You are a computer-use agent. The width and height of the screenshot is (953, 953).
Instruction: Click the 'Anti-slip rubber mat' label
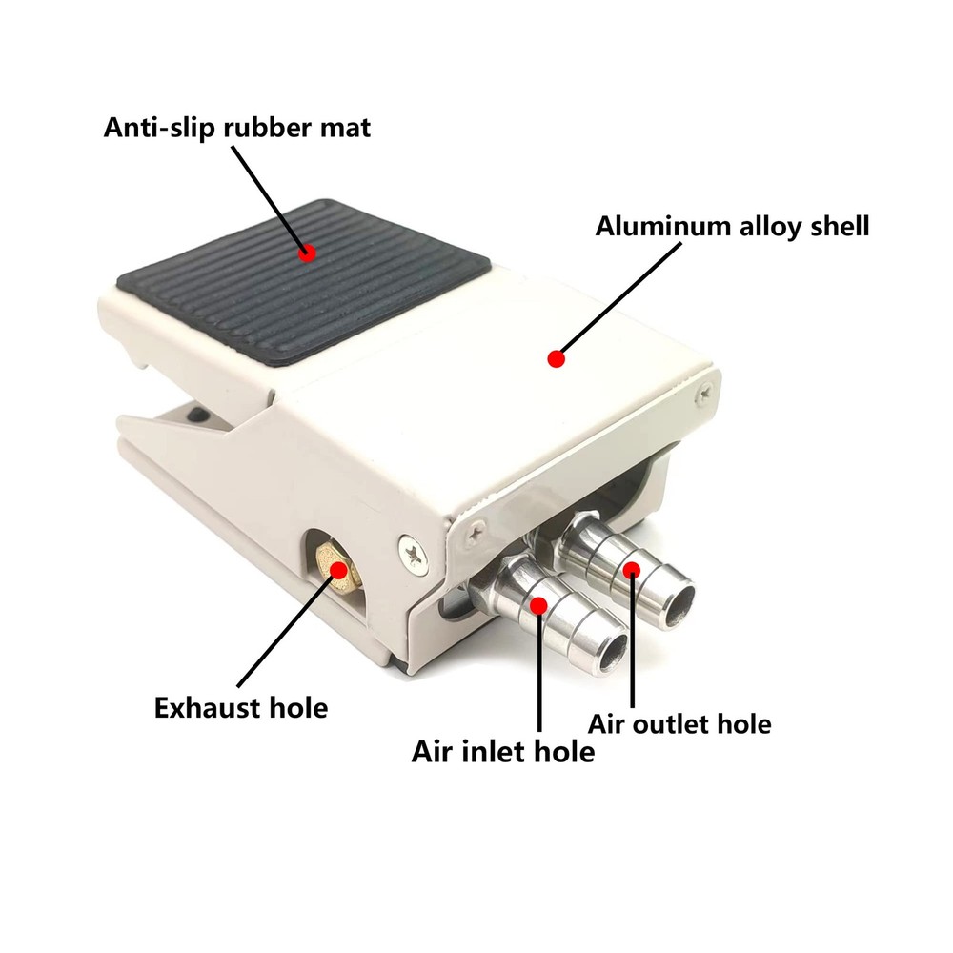pyautogui.click(x=236, y=128)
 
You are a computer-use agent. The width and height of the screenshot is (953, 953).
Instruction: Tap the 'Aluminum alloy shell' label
pyautogui.click(x=732, y=227)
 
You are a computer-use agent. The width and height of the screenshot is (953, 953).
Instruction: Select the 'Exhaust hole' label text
pyautogui.click(x=240, y=708)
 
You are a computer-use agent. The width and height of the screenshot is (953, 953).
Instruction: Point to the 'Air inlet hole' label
pyautogui.click(x=503, y=752)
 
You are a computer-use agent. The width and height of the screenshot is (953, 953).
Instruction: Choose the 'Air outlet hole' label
pyautogui.click(x=679, y=723)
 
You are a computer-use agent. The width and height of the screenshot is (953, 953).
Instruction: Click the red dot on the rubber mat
pyautogui.click(x=306, y=253)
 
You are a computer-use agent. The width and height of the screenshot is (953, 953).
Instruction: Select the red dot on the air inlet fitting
pyautogui.click(x=539, y=604)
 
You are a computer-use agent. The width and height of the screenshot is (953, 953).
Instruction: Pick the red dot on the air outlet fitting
pyautogui.click(x=630, y=569)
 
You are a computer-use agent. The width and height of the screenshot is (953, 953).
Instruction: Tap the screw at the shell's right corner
pyautogui.click(x=704, y=388)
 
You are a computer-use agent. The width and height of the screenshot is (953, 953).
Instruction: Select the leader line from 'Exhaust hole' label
pyautogui.click(x=282, y=629)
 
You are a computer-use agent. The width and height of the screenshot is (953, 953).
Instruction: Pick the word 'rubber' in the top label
pyautogui.click(x=269, y=128)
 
